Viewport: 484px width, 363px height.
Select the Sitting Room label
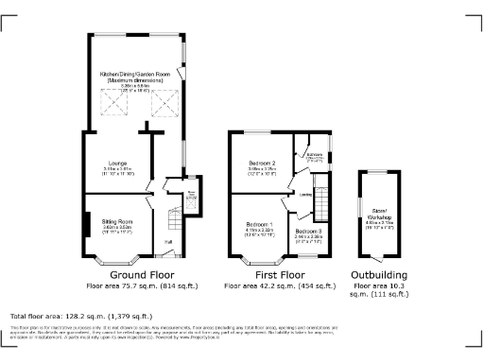point(115,221)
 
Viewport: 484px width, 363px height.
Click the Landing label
point(305,195)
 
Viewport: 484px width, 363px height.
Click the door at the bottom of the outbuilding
point(378,258)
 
